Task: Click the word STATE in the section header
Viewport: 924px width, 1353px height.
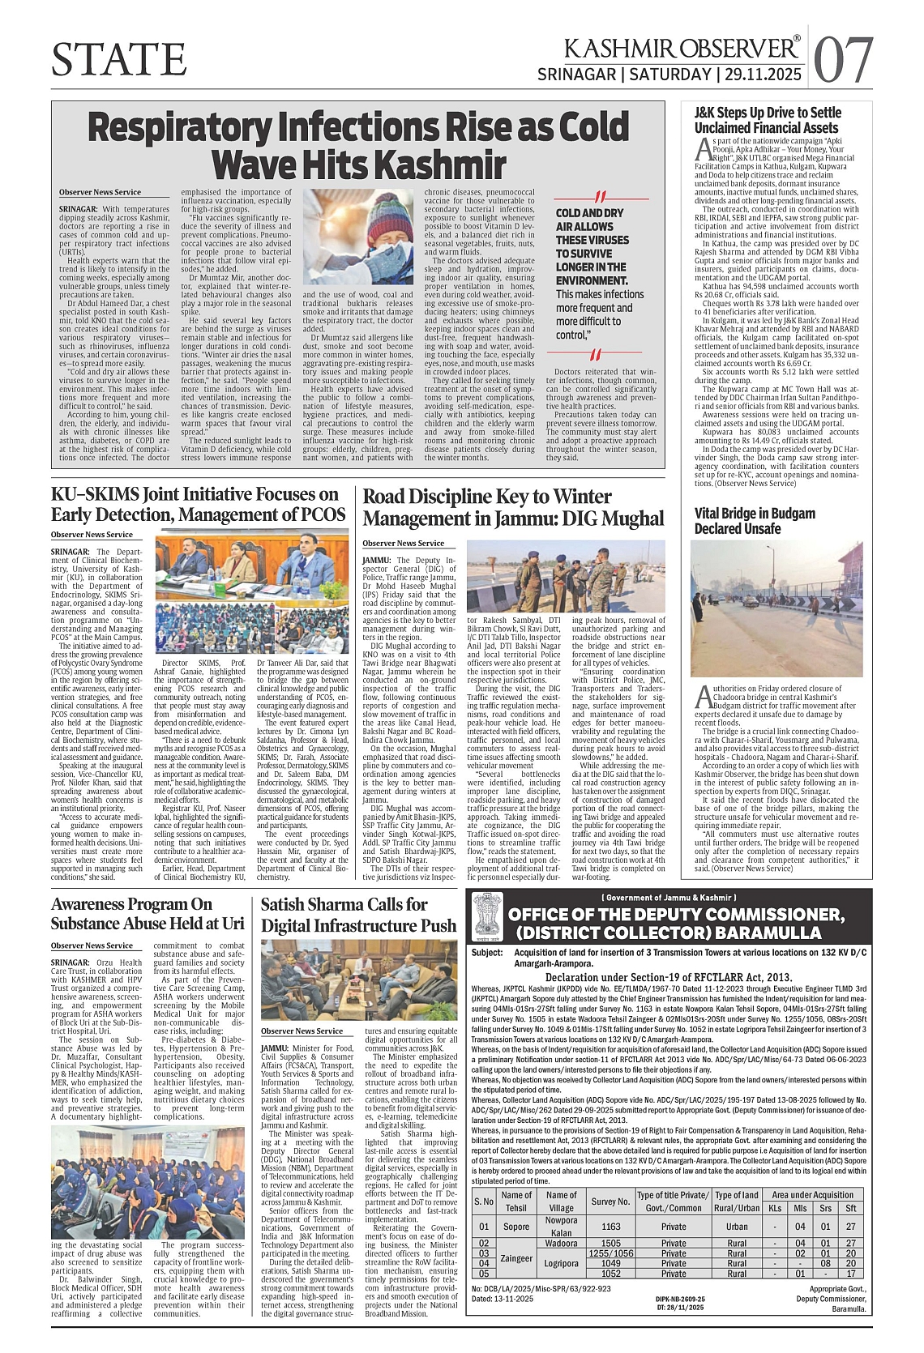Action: point(119,59)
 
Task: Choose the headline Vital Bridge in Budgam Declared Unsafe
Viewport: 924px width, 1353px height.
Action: point(755,521)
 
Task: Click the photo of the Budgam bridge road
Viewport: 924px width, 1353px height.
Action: point(776,608)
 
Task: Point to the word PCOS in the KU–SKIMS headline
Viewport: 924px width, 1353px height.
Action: point(323,515)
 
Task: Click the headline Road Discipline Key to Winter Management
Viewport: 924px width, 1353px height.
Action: point(512,507)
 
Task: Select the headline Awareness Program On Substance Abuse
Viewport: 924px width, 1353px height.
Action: point(148,914)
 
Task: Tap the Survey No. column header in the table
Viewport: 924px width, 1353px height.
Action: point(610,1201)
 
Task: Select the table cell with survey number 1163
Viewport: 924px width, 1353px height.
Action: point(610,1227)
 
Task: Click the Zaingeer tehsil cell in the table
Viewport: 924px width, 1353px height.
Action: point(516,1258)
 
